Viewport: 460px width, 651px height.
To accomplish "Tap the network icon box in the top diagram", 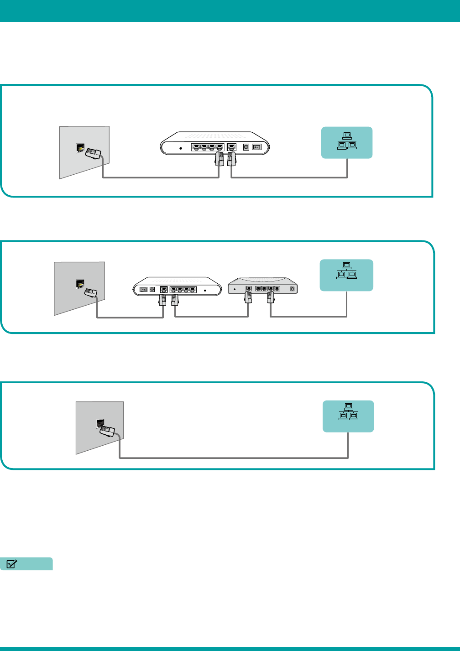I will (347, 142).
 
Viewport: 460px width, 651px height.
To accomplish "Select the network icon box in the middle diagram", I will (346, 275).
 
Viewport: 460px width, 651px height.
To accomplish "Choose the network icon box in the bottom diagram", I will (348, 416).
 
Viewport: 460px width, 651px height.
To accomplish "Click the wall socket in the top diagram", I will (80, 148).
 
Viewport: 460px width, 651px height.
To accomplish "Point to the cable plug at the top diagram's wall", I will (93, 154).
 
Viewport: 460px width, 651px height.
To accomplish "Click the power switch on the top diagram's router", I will (256, 147).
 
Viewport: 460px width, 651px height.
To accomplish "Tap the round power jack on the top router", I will (246, 147).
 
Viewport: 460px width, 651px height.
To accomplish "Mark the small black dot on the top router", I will (181, 148).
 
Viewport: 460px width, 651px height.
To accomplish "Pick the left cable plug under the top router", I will (220, 159).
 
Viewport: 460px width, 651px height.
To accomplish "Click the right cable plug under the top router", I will (231, 159).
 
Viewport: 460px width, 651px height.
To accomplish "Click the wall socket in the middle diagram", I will (79, 284).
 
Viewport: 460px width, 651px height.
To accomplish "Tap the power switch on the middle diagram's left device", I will (143, 289).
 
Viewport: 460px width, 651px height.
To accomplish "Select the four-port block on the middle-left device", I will (183, 289).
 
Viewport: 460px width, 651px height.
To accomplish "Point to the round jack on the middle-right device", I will (293, 289).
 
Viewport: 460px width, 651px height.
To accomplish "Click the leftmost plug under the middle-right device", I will (248, 297).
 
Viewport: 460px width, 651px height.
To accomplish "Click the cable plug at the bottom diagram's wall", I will (108, 430).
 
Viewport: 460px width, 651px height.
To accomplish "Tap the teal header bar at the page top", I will (230, 10).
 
